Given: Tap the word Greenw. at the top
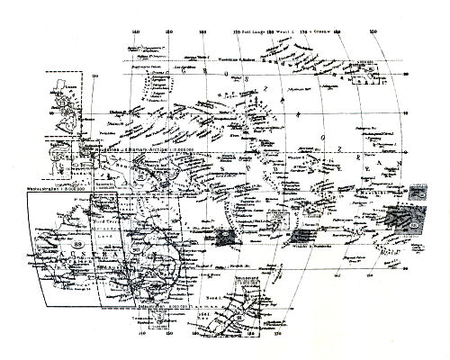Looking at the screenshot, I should coord(322,33).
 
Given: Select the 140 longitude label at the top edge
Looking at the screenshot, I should coord(136,34).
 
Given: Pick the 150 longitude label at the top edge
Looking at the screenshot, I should coord(170,34).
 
